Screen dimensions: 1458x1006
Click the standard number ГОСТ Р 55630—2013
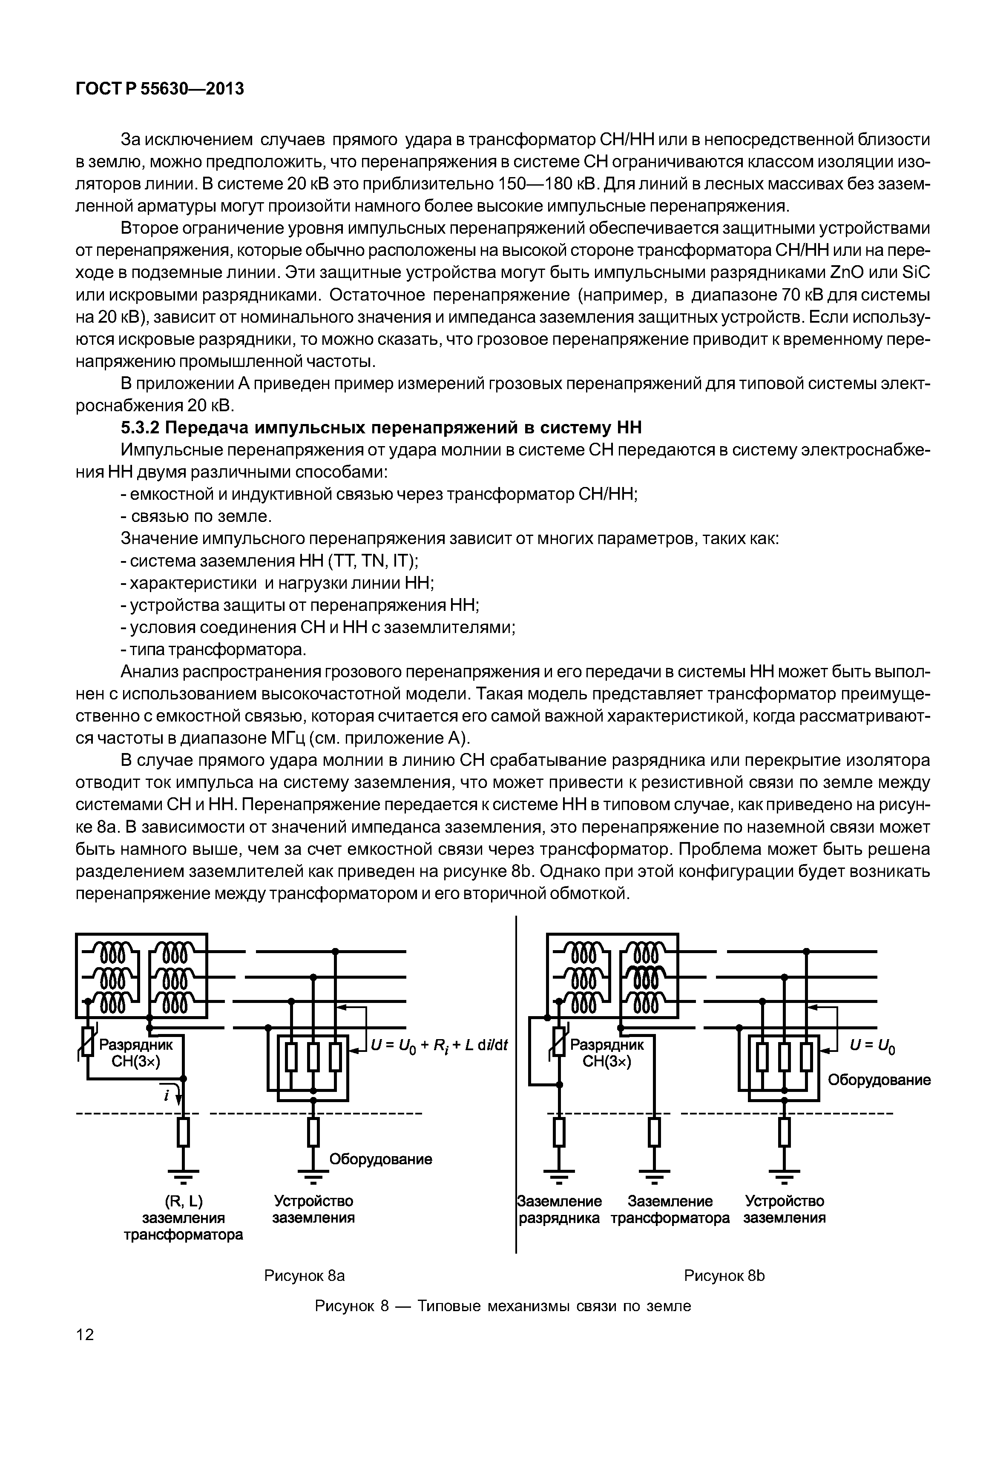pos(159,89)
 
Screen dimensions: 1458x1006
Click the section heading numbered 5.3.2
pos(381,428)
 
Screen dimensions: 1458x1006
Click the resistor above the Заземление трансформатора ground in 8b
pos(655,1132)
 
